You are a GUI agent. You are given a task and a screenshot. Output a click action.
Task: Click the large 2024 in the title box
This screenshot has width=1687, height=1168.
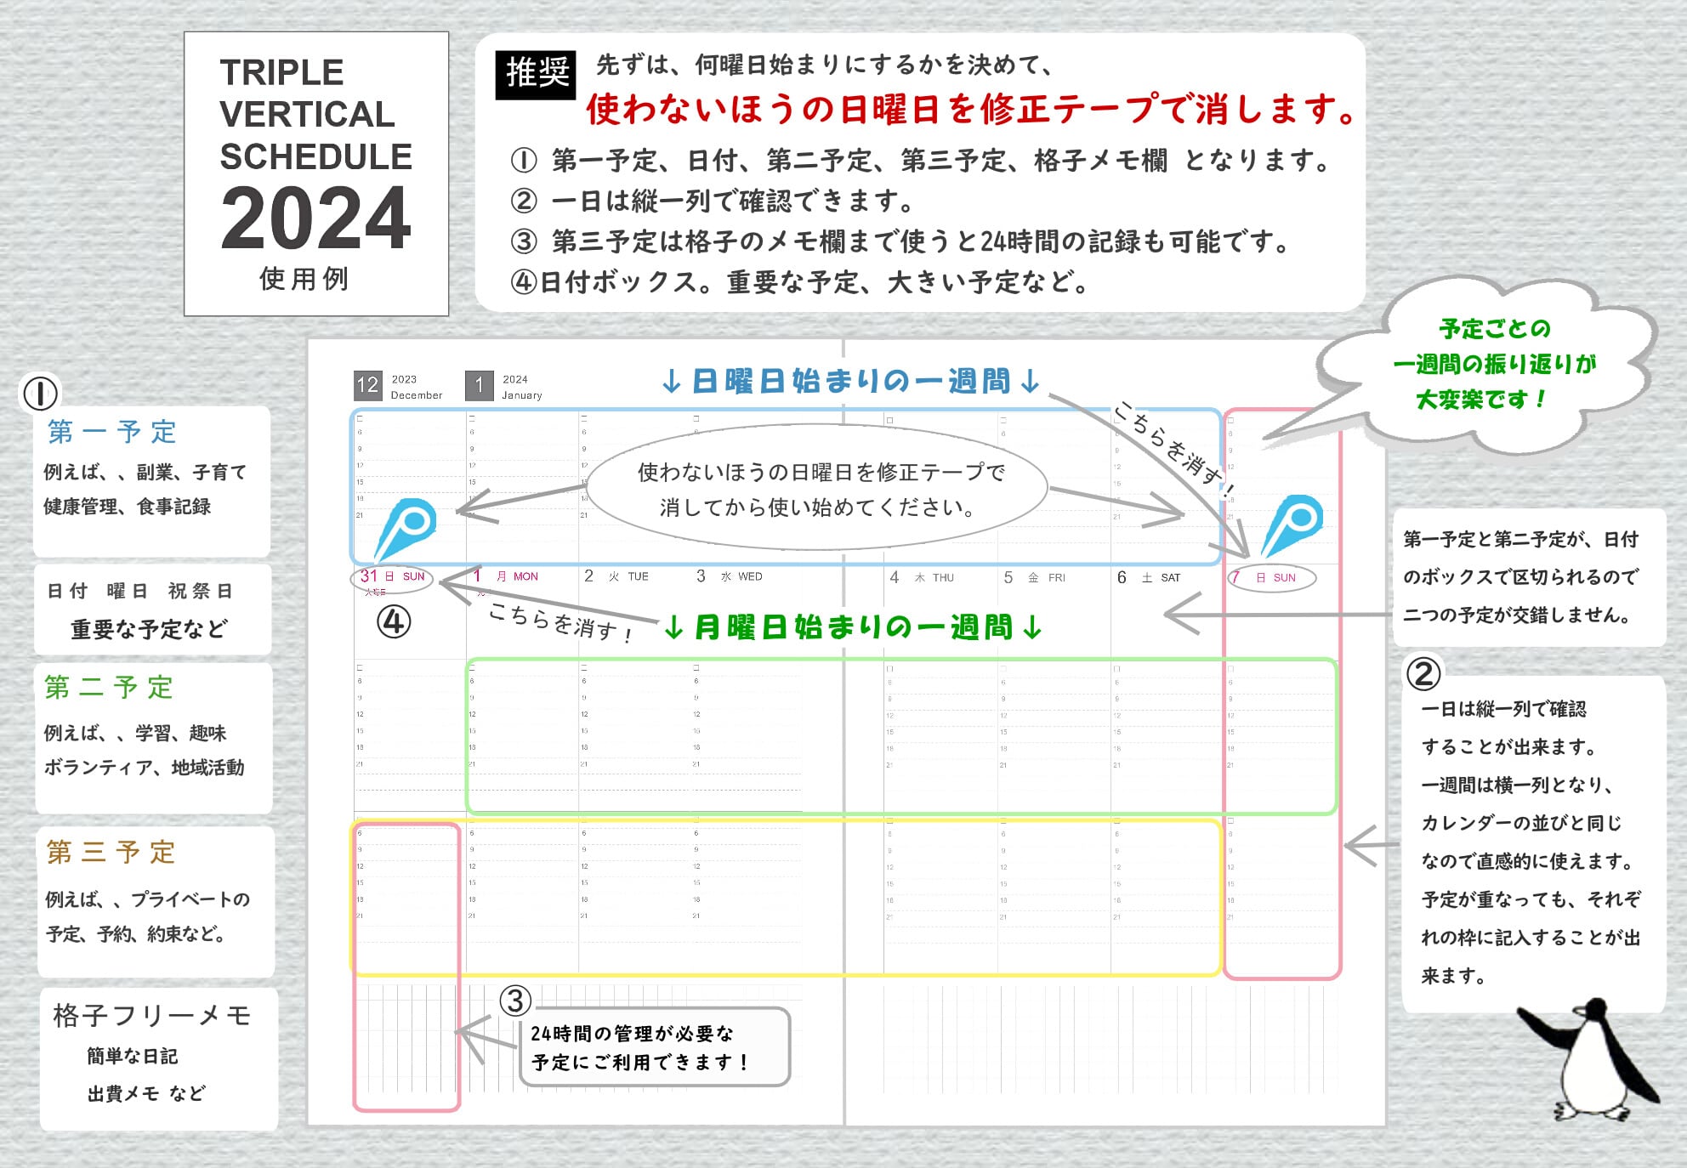coord(315,219)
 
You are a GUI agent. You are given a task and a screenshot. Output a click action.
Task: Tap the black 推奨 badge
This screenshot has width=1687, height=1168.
coord(536,74)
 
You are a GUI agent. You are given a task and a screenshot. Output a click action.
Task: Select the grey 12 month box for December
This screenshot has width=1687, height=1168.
coord(367,385)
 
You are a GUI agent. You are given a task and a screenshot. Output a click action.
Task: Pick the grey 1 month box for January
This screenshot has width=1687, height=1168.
coord(479,385)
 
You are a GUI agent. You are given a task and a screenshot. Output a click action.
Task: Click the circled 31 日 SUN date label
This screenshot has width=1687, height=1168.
coord(392,577)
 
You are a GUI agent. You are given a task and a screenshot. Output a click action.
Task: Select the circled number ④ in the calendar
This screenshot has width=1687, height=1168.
coord(394,622)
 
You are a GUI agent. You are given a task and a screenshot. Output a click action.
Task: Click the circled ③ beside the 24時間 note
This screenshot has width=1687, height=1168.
coord(515,1001)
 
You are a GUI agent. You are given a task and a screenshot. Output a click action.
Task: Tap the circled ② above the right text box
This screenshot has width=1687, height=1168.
coord(1423,674)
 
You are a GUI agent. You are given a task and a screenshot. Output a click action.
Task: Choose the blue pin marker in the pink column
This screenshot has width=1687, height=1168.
coord(1292,524)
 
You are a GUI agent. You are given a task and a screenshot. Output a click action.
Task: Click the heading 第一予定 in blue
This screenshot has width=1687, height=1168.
coord(111,432)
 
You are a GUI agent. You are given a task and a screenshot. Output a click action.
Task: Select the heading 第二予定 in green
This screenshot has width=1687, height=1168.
coord(109,687)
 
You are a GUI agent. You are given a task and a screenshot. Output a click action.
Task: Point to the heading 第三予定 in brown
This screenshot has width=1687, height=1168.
coord(111,852)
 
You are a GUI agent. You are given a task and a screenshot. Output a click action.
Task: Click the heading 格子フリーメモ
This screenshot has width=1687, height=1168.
coord(151,1015)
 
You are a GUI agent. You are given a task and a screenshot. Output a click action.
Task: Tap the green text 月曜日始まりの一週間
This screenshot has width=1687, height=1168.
coord(853,628)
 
